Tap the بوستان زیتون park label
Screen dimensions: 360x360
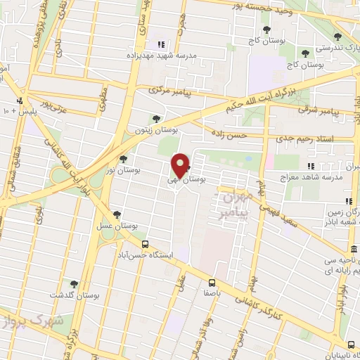point(157,130)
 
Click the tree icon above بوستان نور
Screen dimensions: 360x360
point(124,159)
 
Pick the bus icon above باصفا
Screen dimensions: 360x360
point(208,279)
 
